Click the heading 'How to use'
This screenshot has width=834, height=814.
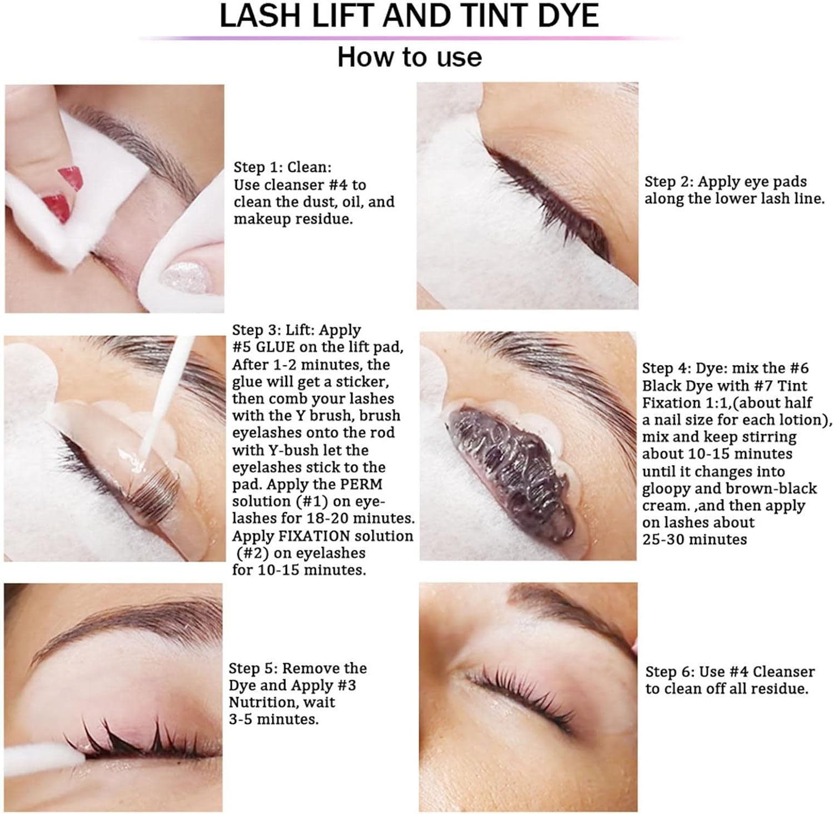tap(410, 57)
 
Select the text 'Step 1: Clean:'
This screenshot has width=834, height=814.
tap(282, 167)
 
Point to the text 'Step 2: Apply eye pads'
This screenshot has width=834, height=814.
tap(725, 182)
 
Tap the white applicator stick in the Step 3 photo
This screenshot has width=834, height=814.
tap(167, 394)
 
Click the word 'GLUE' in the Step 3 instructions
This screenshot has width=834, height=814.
tap(275, 347)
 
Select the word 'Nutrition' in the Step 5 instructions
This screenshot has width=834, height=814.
tap(262, 702)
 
